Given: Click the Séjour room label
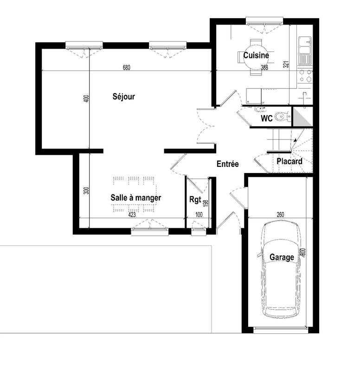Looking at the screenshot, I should click(123, 96).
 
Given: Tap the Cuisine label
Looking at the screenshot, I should click(256, 55).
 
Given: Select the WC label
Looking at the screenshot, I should click(266, 118).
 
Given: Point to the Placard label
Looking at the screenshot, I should click(289, 161).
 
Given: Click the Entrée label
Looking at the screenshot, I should click(227, 164).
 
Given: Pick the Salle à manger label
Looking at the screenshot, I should click(135, 198).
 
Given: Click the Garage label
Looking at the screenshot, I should click(282, 257).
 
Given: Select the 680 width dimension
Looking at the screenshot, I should click(127, 68).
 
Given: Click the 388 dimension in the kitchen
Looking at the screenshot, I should click(264, 68).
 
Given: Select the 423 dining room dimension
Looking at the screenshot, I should click(132, 215).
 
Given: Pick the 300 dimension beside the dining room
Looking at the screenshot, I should click(86, 190).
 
